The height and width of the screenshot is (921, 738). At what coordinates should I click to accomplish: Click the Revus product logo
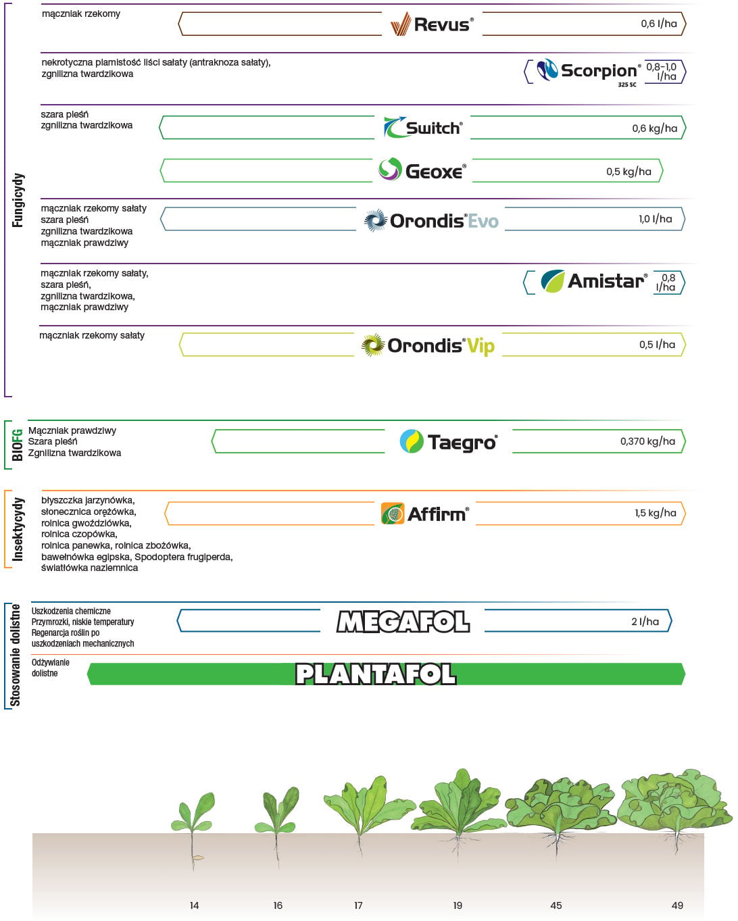[432, 24]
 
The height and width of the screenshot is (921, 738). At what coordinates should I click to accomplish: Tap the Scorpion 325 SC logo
[589, 72]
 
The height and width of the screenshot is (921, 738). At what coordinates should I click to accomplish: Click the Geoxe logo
[422, 169]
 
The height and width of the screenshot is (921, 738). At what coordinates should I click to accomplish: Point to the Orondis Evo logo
[431, 220]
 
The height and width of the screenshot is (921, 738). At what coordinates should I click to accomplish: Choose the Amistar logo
[594, 281]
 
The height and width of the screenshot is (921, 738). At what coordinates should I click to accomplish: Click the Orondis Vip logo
[428, 345]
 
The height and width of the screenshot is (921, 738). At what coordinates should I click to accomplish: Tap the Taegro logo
[449, 442]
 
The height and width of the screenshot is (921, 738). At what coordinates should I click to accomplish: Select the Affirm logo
[424, 513]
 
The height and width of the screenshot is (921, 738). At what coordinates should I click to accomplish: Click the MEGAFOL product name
[403, 622]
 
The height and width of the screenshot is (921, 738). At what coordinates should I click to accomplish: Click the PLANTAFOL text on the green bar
[376, 674]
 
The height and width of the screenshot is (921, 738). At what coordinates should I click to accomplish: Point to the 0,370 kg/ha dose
[647, 441]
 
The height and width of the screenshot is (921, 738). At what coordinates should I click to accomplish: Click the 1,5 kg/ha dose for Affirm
[656, 513]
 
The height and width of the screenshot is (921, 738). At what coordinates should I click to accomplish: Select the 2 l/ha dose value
[645, 622]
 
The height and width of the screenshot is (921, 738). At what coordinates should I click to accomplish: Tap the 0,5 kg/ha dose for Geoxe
[629, 172]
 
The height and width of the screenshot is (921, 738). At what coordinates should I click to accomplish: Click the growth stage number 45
[556, 905]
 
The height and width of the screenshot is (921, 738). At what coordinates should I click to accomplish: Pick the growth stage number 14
[194, 905]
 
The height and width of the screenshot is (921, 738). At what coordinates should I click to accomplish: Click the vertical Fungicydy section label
[18, 200]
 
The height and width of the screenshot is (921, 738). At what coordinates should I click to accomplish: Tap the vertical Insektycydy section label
[18, 529]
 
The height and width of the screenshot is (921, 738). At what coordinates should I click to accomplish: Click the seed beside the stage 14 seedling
[199, 857]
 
